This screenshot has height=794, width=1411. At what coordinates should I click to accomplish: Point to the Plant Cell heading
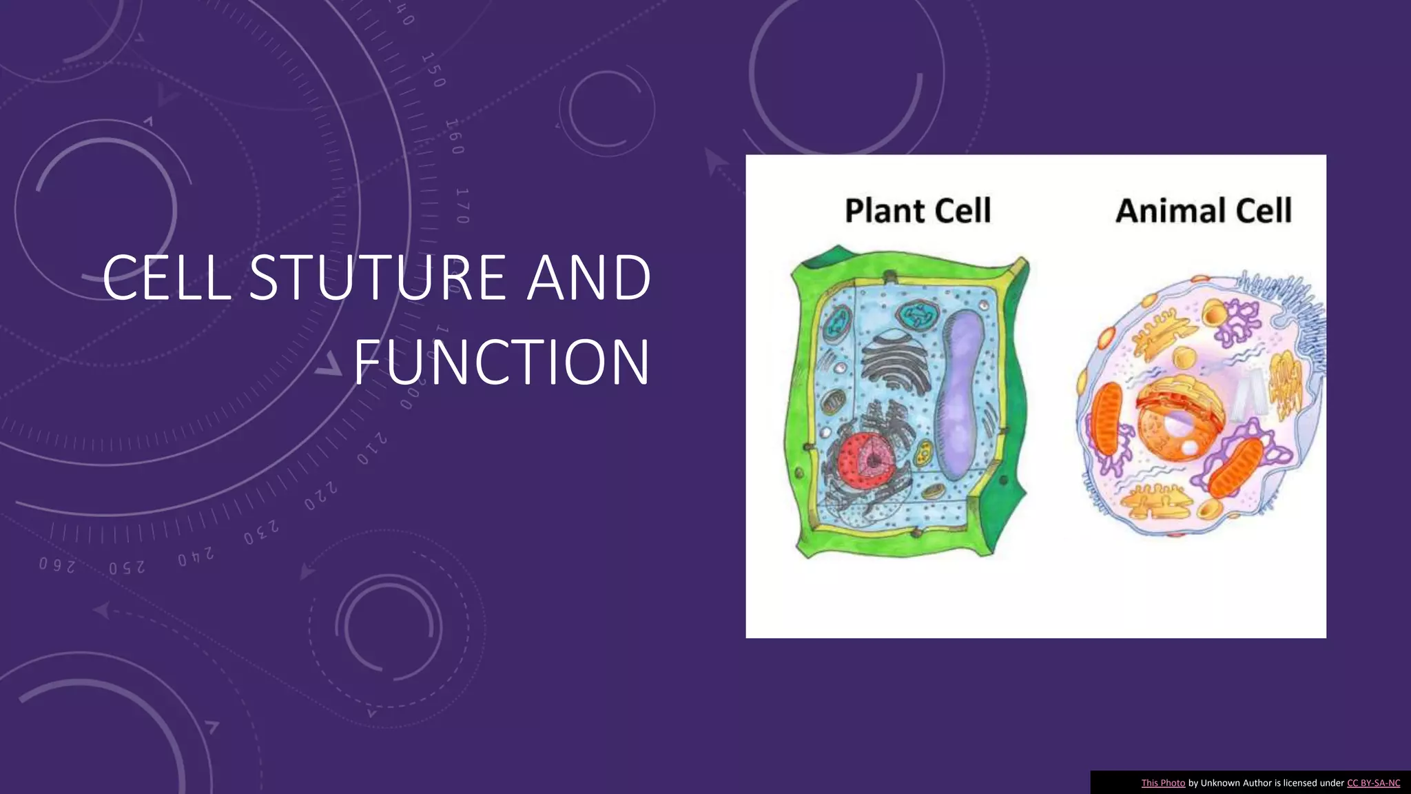(918, 210)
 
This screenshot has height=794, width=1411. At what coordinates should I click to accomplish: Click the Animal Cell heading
(1204, 210)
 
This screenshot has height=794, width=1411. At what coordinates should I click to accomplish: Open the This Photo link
(1163, 783)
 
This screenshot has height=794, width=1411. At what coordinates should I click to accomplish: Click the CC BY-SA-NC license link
(1373, 783)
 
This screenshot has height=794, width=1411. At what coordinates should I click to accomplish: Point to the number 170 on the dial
(462, 205)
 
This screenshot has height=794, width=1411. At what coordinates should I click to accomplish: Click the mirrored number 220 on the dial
(322, 497)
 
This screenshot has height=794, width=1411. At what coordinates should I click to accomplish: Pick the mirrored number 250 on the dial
(127, 568)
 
